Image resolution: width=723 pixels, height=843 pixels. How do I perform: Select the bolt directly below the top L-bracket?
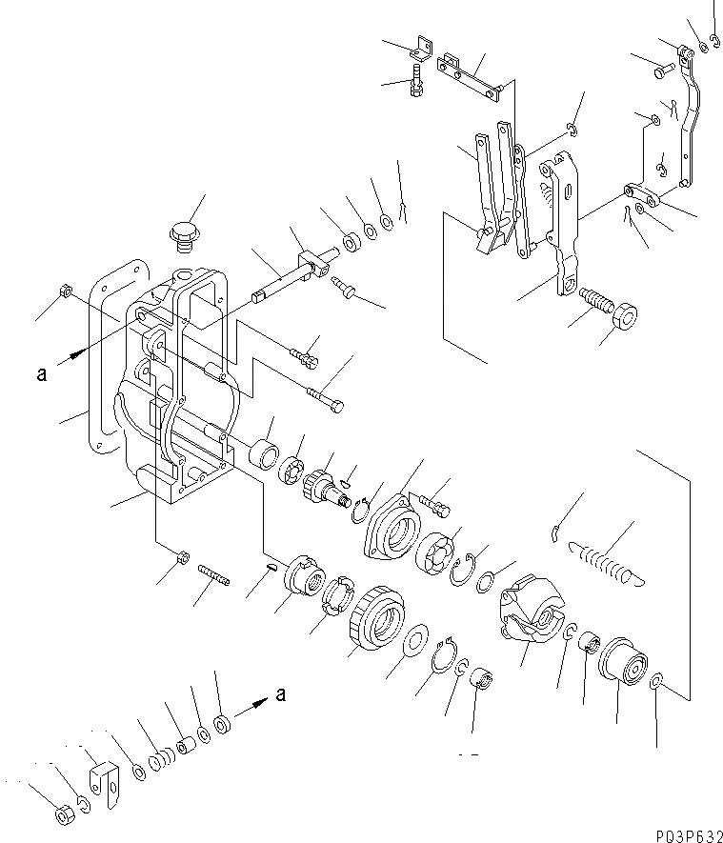click(x=417, y=81)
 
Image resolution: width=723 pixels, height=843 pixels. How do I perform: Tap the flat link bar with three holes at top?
click(x=470, y=76)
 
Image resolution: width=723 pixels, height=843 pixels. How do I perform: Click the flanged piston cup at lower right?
click(x=623, y=660)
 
